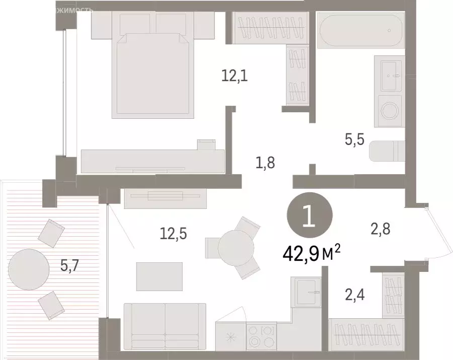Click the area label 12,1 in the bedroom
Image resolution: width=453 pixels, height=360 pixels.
(235, 77)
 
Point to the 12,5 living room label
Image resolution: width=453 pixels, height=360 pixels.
(171, 235)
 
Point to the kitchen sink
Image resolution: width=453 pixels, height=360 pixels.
(308, 292)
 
